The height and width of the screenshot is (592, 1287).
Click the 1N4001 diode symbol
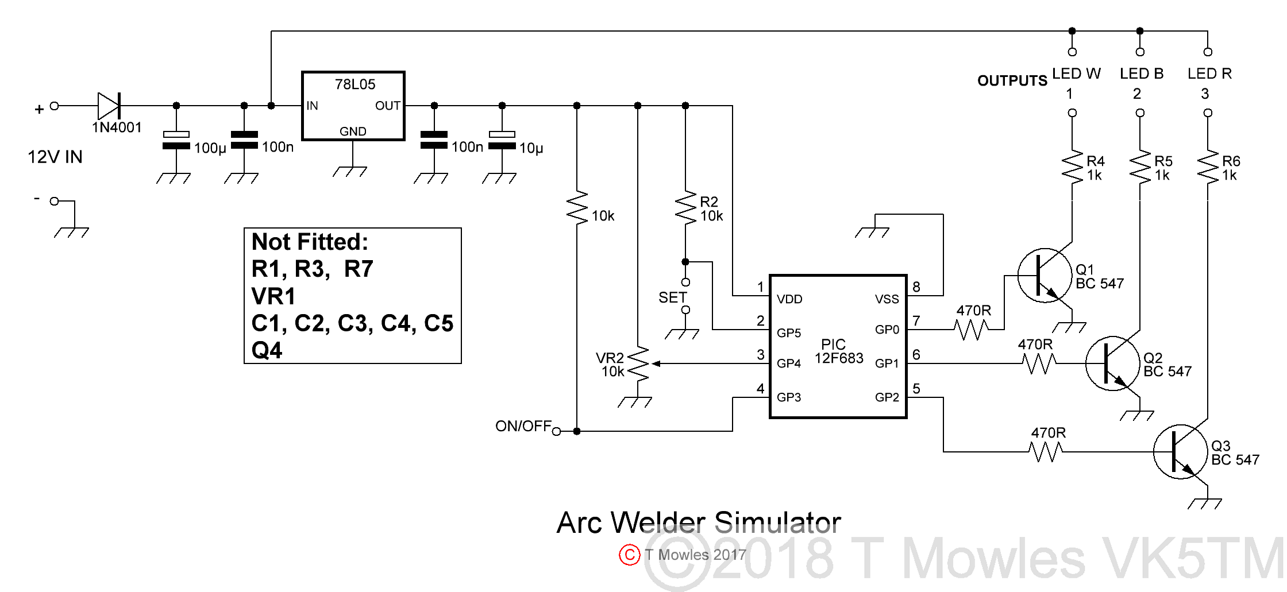pyautogui.click(x=109, y=106)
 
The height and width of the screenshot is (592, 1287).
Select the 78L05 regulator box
pyautogui.click(x=353, y=106)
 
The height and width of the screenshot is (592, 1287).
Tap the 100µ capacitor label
pyautogui.click(x=210, y=148)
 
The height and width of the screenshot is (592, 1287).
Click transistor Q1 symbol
pyautogui.click(x=1045, y=276)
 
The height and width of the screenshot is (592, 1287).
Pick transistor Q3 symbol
pyautogui.click(x=1180, y=452)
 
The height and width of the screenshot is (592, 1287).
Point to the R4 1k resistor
pyautogui.click(x=1072, y=168)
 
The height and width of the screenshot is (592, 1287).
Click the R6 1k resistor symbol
pyautogui.click(x=1208, y=168)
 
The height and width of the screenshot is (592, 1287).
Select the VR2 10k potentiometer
pyautogui.click(x=638, y=364)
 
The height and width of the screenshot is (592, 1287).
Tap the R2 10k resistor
pyautogui.click(x=685, y=208)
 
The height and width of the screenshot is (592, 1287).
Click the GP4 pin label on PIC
pyautogui.click(x=789, y=363)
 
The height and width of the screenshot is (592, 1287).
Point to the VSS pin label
pyautogui.click(x=887, y=299)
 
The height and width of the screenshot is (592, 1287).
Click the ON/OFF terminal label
pyautogui.click(x=523, y=426)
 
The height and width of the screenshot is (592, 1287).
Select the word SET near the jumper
pyautogui.click(x=672, y=297)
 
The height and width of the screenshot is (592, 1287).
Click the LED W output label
pyautogui.click(x=1076, y=73)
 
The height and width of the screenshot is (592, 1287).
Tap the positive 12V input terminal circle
pyautogui.click(x=55, y=106)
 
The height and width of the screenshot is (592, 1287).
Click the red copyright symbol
pyautogui.click(x=630, y=555)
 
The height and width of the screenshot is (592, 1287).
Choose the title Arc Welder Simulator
pyautogui.click(x=698, y=523)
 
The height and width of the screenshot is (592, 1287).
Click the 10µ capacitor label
pyautogui.click(x=531, y=148)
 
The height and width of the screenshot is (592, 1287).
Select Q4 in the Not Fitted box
pyautogui.click(x=267, y=350)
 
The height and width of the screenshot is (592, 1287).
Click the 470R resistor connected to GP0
pyautogui.click(x=972, y=330)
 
